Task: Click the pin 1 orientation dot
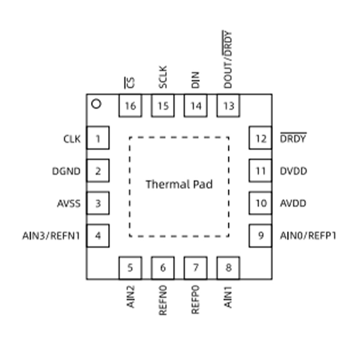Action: click(96, 104)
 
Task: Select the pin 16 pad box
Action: click(130, 105)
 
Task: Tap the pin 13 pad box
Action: click(229, 105)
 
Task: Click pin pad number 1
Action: click(98, 138)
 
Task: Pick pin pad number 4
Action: click(98, 235)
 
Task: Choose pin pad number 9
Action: click(261, 235)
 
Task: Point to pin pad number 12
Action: click(261, 138)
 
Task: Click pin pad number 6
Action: click(163, 268)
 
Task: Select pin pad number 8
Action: click(229, 268)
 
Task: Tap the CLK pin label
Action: click(72, 139)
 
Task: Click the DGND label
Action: click(66, 171)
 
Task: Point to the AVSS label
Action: click(69, 203)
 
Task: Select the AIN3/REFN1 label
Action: click(51, 236)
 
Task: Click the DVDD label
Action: click(293, 171)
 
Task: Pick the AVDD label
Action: click(293, 203)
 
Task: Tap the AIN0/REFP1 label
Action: click(308, 236)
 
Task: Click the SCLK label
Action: click(163, 77)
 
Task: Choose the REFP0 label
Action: click(195, 300)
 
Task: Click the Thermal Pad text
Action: click(179, 184)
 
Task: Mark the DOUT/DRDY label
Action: click(228, 59)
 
